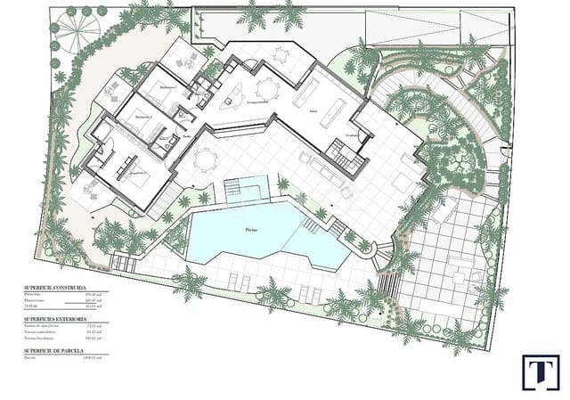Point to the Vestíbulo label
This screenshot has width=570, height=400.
coord(354,135)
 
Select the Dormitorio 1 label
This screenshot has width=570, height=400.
coord(167,88)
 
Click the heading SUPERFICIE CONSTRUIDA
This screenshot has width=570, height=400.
coord(54,290)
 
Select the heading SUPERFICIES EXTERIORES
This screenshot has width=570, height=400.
coord(55,318)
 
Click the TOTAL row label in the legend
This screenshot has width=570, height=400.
coord(31,307)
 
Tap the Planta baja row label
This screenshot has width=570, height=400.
coord(34,297)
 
